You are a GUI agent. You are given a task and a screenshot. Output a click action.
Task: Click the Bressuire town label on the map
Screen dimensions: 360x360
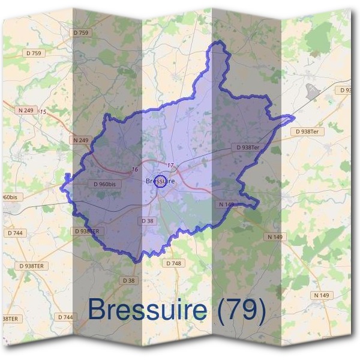[x=160, y=180]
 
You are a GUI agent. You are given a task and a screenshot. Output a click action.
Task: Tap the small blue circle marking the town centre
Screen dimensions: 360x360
[x=160, y=181]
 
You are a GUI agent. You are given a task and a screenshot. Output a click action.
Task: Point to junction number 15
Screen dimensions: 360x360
[x=43, y=112]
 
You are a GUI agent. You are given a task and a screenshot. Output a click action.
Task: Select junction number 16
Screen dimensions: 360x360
[x=135, y=170]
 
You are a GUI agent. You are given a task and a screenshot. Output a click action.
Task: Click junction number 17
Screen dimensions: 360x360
[x=170, y=166]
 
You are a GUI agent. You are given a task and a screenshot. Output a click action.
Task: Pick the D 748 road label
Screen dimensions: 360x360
[x=173, y=263]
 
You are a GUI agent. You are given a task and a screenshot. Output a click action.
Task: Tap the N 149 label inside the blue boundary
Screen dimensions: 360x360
[x=226, y=205]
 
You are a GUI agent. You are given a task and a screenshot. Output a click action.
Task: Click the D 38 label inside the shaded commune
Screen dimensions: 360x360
[x=148, y=221]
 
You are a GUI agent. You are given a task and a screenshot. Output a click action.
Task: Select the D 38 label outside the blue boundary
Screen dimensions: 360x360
[x=129, y=280]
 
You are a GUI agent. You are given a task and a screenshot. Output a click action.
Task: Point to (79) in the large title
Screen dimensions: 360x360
[x=242, y=310]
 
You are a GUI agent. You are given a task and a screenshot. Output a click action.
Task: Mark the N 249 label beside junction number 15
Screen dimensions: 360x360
[x=26, y=110]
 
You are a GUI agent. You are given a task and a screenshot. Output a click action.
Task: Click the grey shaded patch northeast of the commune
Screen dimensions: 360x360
[x=313, y=91]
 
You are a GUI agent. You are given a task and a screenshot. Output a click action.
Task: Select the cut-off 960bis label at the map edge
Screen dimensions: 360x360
[x=8, y=197]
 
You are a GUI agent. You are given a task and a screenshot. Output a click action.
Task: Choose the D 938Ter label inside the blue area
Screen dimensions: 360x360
[x=248, y=147]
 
